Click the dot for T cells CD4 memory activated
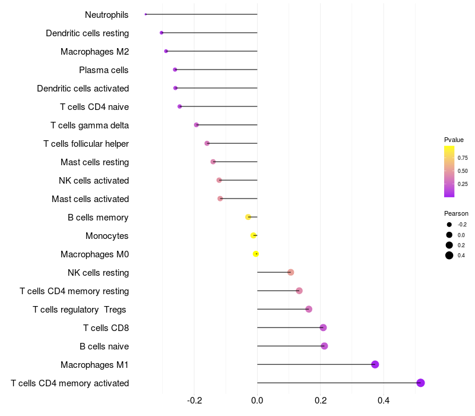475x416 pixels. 420,383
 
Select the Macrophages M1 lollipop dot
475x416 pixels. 375,364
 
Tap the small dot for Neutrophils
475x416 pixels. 145,14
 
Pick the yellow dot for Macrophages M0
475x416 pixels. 256,254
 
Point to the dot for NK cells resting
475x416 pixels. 290,272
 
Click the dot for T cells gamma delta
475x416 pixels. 197,125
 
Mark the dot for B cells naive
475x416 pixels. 324,346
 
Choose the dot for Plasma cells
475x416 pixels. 175,70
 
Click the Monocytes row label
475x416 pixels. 107,236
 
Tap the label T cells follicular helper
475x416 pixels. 86,144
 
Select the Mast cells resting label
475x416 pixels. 94,162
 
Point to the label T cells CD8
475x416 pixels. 106,328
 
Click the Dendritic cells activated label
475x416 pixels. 83,89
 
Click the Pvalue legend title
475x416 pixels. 454,140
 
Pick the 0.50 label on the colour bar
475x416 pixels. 463,171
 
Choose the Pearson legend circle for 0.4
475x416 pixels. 449,256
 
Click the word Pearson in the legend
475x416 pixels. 456,213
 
